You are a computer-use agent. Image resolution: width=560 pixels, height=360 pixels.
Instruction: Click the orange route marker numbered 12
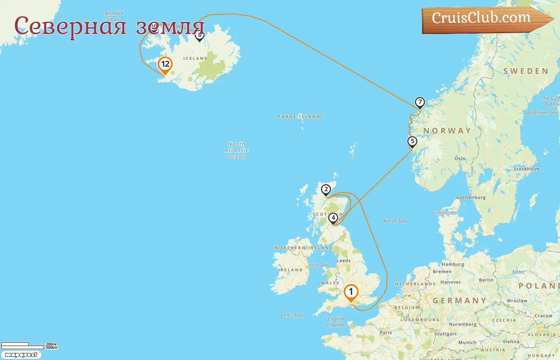coord(165,65)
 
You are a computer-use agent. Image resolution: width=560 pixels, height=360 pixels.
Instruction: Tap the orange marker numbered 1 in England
coord(351,292)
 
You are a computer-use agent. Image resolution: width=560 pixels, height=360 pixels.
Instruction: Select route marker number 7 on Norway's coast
coord(420,102)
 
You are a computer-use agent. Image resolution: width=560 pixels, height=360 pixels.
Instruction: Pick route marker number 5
coord(412,142)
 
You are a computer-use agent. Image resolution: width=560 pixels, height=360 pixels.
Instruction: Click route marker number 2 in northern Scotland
coord(326,190)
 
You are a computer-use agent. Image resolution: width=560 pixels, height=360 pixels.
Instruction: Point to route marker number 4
coord(333,218)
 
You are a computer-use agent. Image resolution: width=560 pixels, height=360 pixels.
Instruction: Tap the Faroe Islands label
coord(301,117)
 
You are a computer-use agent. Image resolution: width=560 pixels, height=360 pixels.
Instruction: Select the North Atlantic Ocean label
coord(237,150)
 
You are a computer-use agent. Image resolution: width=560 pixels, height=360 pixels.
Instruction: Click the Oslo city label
coord(460,159)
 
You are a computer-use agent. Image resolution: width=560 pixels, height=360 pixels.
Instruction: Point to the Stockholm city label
coord(526,169)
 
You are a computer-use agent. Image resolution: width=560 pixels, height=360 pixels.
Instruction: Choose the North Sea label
coord(394,221)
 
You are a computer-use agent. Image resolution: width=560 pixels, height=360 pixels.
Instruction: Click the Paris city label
coord(386,333)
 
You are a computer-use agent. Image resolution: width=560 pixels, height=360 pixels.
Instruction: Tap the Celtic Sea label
coord(291,315)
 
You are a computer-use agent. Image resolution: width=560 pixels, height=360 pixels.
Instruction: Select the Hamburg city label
coord(453,264)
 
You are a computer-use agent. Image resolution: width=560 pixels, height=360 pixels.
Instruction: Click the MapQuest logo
coord(21,355)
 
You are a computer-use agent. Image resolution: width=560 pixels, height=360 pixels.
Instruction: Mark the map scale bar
coord(22,346)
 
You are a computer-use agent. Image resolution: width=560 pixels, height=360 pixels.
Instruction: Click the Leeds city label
coord(344,261)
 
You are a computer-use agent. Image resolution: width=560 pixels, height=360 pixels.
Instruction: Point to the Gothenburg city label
coord(471,198)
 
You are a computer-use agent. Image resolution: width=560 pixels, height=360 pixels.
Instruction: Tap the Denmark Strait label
coord(113,16)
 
